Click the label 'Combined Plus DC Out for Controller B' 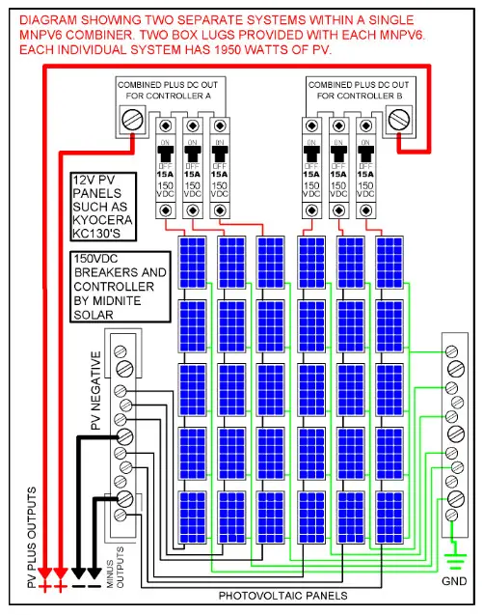click(364, 91)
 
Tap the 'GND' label click(453, 582)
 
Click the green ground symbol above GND click(452, 558)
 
